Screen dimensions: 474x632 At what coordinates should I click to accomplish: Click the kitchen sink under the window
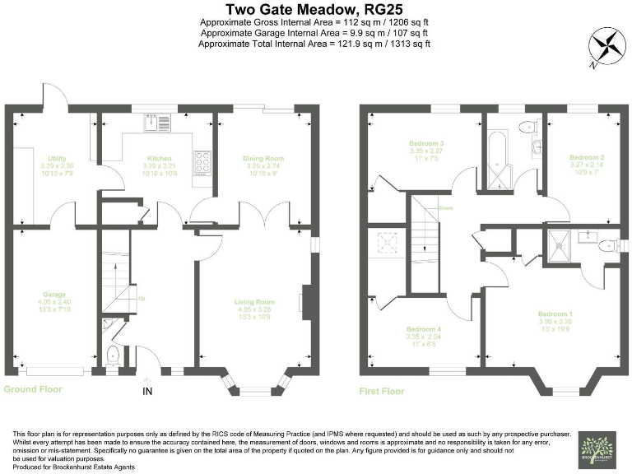[156, 123]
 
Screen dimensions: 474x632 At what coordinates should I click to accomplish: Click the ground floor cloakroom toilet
[113, 355]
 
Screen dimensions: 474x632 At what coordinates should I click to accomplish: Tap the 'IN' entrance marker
[147, 390]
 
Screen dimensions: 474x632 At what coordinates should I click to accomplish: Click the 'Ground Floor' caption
[33, 389]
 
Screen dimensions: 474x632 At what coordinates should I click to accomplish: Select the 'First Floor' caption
[382, 391]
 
